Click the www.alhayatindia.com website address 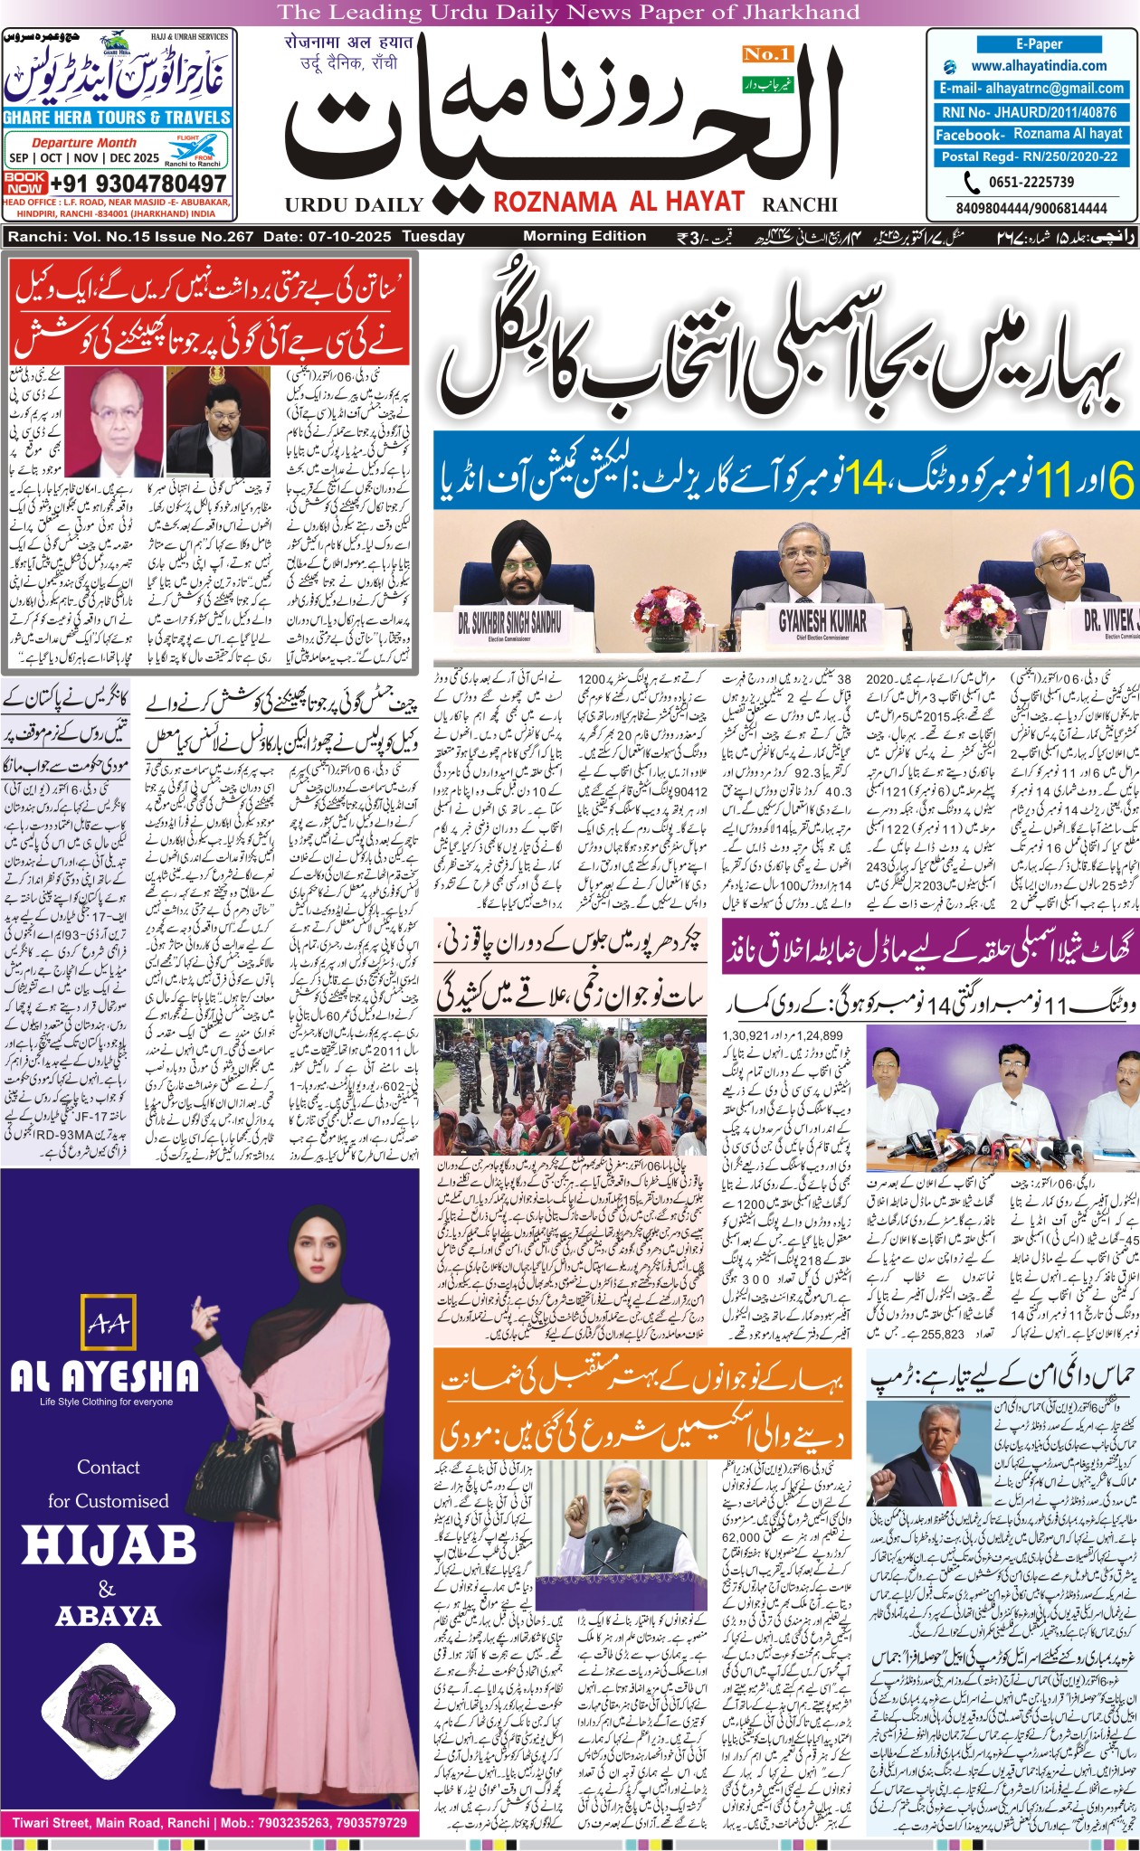point(1039,66)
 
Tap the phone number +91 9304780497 point(138,183)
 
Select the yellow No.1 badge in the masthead point(767,54)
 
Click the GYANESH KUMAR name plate point(822,620)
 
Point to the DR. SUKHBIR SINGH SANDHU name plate point(509,623)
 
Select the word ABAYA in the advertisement point(108,1615)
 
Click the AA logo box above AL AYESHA point(107,1326)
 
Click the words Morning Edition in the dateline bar point(584,236)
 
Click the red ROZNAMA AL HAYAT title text point(618,203)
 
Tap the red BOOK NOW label point(24,183)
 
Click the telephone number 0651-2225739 point(1031,182)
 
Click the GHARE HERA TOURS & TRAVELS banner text point(118,118)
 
